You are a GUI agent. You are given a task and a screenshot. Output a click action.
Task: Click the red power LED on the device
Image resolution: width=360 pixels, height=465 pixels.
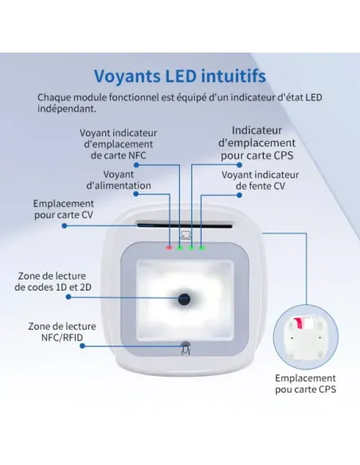point(169,248)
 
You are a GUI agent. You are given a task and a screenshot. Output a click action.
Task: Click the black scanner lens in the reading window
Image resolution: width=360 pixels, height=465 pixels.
point(184,299)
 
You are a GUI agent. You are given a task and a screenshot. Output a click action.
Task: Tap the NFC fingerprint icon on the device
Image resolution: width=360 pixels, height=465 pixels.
point(186,348)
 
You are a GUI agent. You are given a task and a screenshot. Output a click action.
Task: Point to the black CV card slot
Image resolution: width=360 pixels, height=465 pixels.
point(185,226)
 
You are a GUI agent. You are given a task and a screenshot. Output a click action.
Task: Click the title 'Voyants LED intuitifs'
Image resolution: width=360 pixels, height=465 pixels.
point(180,76)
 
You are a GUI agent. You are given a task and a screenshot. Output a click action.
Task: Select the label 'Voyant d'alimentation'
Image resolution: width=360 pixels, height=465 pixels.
point(119,180)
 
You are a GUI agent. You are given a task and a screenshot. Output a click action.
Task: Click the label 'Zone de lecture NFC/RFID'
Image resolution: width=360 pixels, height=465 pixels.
point(62,332)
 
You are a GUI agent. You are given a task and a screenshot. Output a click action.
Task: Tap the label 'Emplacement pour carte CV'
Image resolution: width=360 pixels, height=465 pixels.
point(64,209)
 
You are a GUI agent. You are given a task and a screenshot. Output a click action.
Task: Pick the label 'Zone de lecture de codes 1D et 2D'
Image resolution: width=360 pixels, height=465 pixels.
point(53,281)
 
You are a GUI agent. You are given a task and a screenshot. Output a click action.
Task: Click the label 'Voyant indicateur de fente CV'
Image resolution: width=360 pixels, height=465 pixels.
point(260,180)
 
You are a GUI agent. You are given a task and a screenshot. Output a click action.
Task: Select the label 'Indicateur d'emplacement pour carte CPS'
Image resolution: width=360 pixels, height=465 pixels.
point(256,143)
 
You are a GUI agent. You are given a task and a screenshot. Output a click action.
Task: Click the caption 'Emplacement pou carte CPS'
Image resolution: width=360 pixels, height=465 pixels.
point(305,384)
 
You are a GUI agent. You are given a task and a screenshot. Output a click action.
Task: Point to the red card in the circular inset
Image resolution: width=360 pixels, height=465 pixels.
point(297,322)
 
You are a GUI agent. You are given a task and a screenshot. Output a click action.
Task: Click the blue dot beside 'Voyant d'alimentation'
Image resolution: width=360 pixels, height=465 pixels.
point(136,194)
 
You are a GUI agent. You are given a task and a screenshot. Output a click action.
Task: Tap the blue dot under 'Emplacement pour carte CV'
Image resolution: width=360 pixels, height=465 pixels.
point(65,226)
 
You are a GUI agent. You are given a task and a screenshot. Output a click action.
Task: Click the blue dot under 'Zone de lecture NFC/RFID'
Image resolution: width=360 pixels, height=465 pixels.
point(83,346)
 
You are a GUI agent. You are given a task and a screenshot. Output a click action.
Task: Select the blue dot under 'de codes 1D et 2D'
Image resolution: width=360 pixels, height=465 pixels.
point(68,297)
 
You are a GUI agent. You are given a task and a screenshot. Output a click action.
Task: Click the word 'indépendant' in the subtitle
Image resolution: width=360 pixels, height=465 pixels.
point(67,108)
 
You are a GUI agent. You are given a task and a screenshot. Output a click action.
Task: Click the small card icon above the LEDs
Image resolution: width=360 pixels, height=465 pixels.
point(186,235)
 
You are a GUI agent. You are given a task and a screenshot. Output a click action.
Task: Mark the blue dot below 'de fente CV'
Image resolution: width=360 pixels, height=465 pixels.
point(239,195)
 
